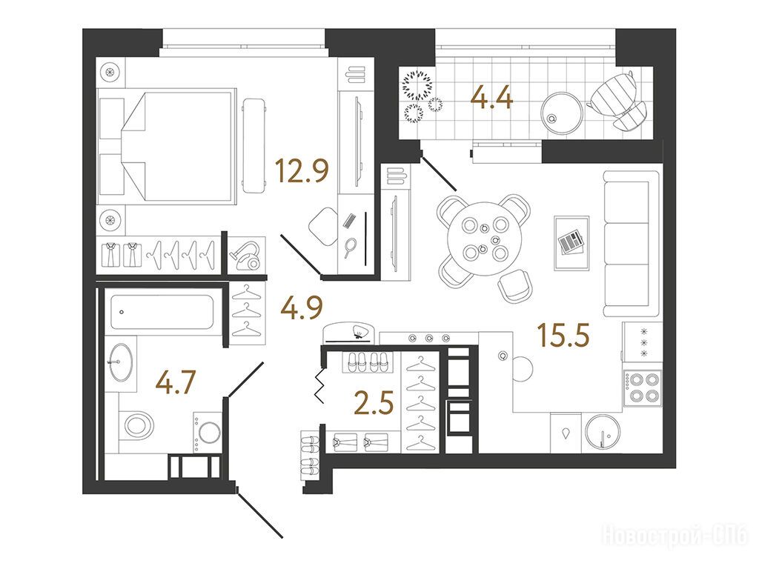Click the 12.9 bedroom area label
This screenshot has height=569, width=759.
302,170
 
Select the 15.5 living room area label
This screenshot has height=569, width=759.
563,335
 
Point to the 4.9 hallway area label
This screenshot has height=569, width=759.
302,307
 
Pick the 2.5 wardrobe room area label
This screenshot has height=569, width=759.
374,403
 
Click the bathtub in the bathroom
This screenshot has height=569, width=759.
162,312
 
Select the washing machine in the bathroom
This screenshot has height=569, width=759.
208,432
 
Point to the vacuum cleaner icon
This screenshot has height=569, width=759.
246,255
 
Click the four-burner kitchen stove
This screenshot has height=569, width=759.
643,388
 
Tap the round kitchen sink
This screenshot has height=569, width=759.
603,432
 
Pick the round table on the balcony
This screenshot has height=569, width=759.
562,113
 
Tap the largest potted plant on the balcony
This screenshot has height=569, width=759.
417,86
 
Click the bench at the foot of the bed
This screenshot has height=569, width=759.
254,146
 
